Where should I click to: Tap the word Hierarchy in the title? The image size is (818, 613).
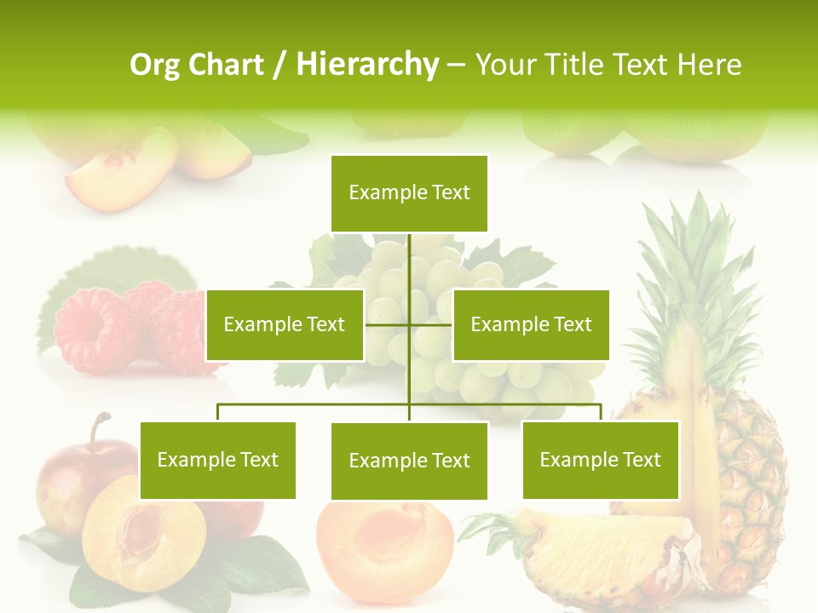(367, 65)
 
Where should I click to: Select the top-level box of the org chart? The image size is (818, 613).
(409, 193)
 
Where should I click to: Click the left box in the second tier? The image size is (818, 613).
(285, 324)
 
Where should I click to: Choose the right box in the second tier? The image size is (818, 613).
(531, 324)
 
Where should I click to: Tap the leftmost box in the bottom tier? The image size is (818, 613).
(218, 460)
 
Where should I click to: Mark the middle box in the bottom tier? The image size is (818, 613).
(409, 461)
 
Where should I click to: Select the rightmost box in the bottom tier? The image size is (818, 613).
(601, 460)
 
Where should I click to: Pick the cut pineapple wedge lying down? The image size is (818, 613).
(596, 553)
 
